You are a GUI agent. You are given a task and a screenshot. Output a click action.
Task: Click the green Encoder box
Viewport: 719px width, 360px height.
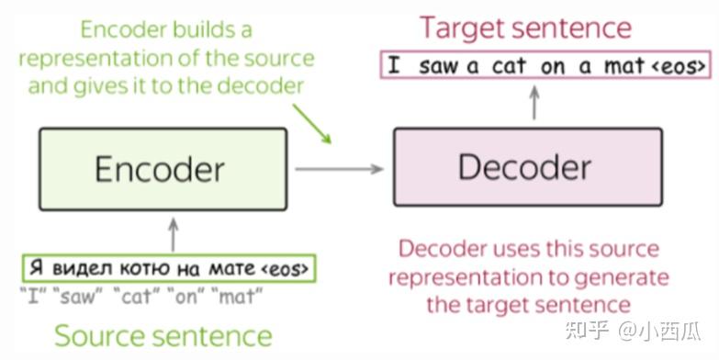(160, 167)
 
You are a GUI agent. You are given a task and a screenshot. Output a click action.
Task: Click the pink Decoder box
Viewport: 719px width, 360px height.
(527, 167)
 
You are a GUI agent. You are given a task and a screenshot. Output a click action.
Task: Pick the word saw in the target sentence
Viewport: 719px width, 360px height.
(438, 66)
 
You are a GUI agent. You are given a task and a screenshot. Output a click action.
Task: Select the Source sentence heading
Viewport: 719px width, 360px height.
(163, 335)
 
